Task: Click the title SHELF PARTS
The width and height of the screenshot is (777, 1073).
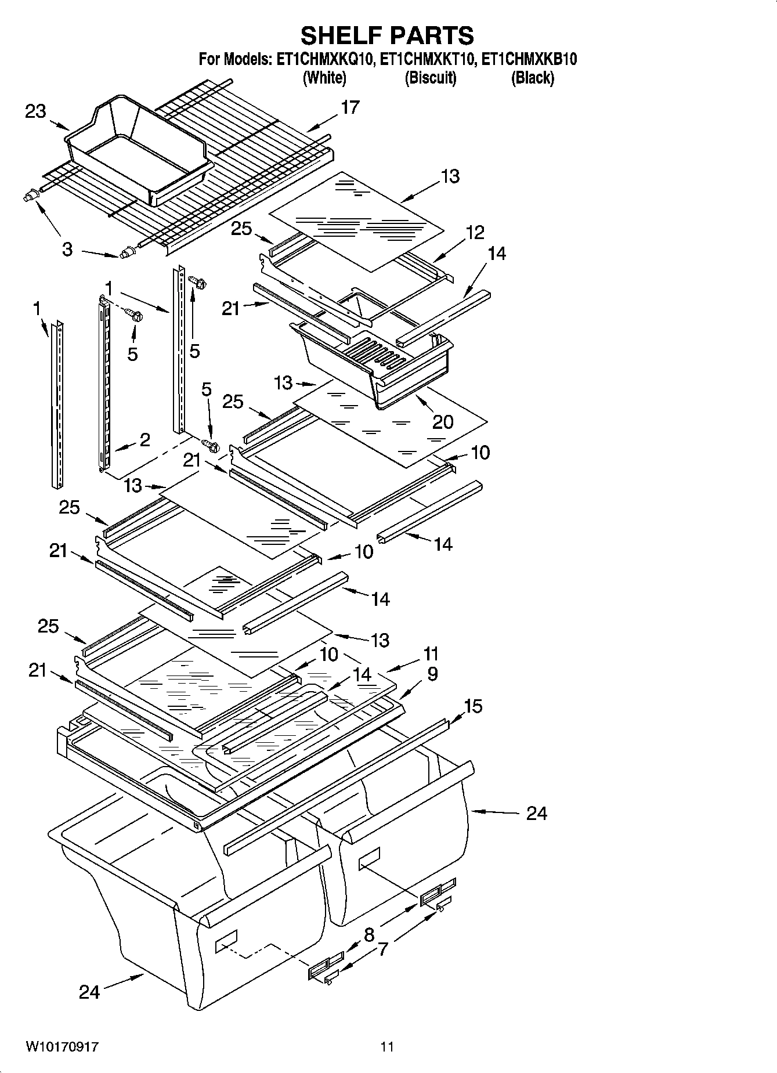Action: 387,35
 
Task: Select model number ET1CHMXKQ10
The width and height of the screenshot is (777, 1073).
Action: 324,59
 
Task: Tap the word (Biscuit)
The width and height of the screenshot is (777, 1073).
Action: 430,78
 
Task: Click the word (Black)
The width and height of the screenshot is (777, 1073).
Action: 532,78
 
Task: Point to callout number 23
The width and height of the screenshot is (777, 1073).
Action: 35,111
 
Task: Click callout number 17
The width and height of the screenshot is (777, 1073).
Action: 350,107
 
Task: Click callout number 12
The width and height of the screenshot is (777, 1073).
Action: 475,233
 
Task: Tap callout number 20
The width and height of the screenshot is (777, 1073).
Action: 443,421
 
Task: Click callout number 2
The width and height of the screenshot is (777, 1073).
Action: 144,439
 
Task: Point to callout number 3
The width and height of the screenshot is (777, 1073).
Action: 67,250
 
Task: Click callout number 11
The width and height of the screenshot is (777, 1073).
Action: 430,654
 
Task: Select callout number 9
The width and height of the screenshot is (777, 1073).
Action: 432,674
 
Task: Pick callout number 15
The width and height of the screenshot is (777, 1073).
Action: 473,706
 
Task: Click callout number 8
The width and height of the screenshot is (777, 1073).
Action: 369,935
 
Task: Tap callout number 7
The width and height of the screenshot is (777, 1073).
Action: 382,949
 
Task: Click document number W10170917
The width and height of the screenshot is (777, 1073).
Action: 62,1047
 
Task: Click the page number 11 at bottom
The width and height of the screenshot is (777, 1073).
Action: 387,1047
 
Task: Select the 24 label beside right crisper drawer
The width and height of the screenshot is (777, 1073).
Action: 536,814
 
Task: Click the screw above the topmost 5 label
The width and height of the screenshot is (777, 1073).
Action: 200,284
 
